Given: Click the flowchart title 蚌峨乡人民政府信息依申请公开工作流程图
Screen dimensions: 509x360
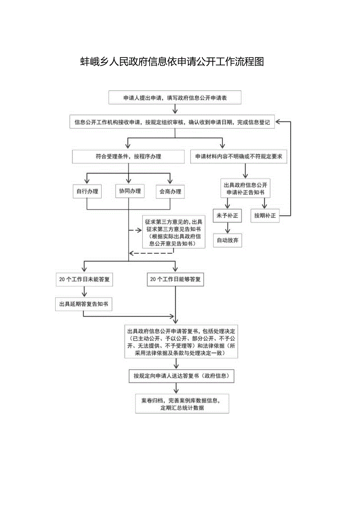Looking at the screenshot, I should tap(172, 62).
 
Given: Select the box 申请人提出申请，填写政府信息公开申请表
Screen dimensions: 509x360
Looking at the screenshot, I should tap(175, 98).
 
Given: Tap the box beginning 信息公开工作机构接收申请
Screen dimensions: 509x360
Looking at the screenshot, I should tap(172, 122).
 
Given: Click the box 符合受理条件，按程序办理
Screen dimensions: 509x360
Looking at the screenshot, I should tap(128, 156).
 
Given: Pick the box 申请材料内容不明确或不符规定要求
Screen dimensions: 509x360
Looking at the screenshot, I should tap(239, 156).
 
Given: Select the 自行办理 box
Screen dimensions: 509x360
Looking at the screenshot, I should tap(87, 191).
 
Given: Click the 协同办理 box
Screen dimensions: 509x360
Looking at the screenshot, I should tap(130, 191).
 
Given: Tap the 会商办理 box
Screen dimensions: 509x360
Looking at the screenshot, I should tap(170, 191).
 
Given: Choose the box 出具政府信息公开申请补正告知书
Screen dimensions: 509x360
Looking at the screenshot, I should tap(246, 188).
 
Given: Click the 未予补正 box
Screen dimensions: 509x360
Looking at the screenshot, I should tap(227, 215).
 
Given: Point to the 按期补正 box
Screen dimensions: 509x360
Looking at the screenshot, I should tap(265, 215).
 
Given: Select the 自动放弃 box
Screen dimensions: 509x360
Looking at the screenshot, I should tap(227, 240).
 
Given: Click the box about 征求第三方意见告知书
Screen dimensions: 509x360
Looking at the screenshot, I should tap(173, 232).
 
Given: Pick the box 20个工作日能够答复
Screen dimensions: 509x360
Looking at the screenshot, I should tap(175, 279).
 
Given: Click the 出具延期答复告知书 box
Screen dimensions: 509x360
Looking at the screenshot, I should tap(84, 304).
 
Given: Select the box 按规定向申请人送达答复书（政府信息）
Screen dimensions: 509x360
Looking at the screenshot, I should tap(182, 376).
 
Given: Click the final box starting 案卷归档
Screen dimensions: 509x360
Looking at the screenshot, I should tap(182, 404).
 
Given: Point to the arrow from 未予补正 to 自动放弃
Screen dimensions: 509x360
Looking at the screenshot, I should tap(227, 228).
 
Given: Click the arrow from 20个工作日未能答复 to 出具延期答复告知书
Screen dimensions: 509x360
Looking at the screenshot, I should tap(84, 291).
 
